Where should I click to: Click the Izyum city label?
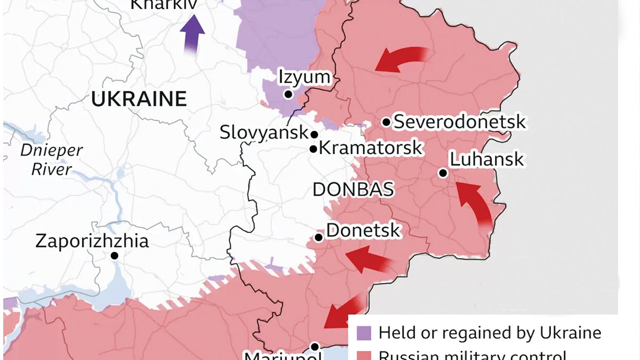click(305, 77)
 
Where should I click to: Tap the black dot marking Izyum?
click(288, 94)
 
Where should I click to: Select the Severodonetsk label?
click(459, 122)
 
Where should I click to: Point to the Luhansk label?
click(486, 159)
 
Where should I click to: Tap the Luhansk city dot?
click(443, 173)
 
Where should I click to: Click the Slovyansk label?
click(264, 132)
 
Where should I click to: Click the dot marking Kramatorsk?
click(314, 149)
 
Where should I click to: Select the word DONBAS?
click(353, 189)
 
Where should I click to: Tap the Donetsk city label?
click(363, 230)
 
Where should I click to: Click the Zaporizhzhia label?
click(92, 241)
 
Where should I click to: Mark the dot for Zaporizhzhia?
click(114, 256)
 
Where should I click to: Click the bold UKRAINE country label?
click(139, 99)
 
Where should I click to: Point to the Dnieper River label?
click(51, 159)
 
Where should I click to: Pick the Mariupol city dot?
click(315, 346)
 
